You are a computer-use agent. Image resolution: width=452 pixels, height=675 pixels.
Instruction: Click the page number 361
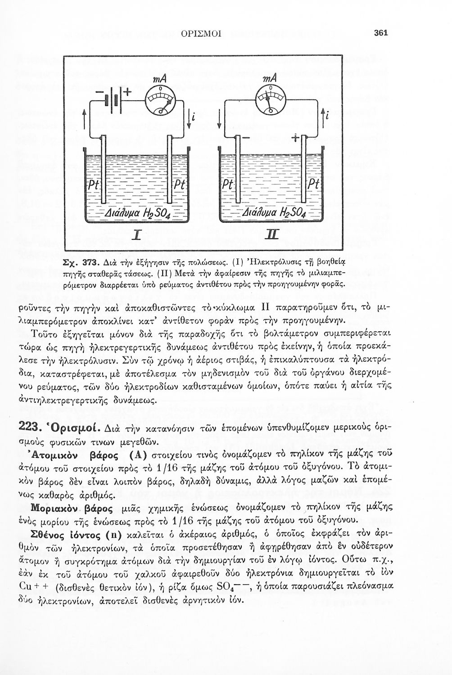point(380,33)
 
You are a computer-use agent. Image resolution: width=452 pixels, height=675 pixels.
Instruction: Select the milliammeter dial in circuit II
point(269,97)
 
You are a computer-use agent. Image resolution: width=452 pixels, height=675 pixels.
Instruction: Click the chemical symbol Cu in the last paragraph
point(28,587)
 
